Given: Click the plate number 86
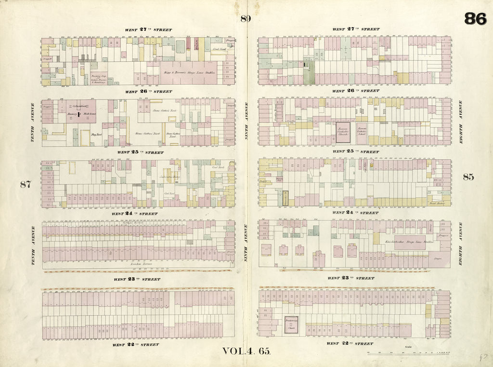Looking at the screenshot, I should (x=475, y=19).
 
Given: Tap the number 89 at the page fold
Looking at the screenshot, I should (x=246, y=19).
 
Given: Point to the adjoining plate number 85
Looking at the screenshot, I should (x=468, y=177).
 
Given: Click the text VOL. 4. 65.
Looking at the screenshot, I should (x=247, y=352).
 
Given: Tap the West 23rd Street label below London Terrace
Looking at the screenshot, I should (x=137, y=279).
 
